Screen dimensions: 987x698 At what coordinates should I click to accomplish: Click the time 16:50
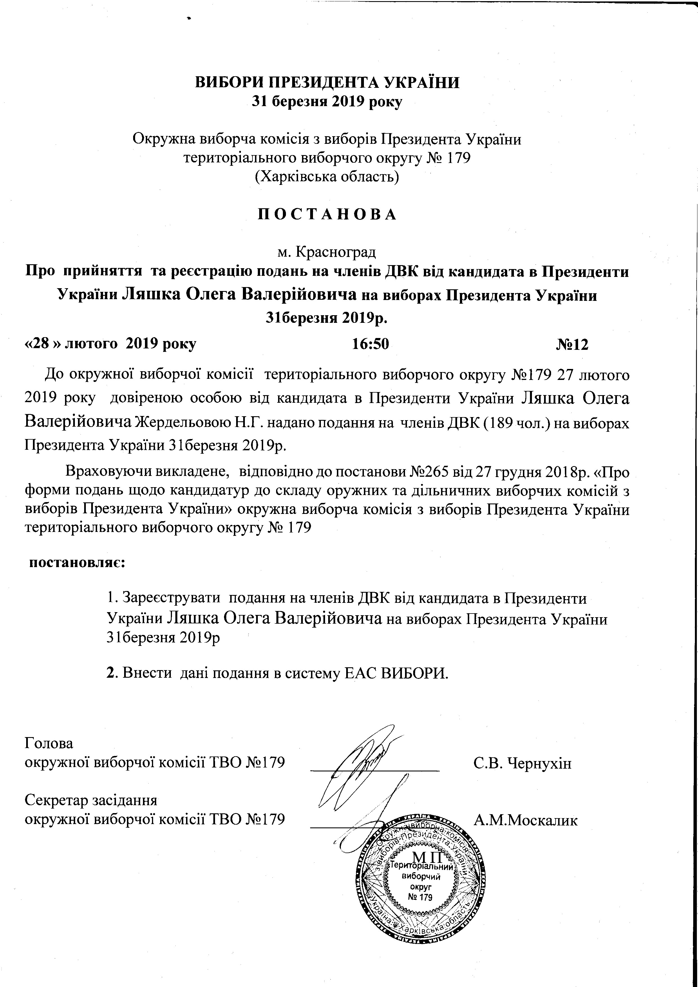[x=370, y=344]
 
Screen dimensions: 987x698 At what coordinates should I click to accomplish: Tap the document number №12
[x=572, y=344]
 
